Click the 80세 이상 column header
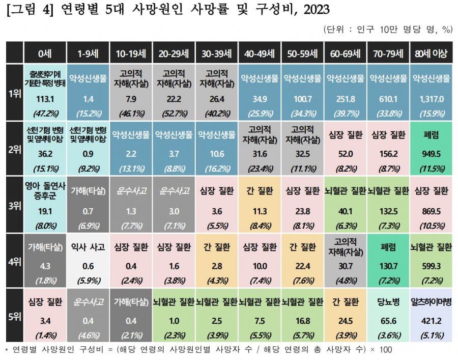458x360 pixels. [x=431, y=53]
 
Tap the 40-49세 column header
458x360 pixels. [x=260, y=53]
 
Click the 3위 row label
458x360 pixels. [x=14, y=205]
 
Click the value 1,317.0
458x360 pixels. [x=431, y=98]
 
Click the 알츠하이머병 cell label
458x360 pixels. [x=431, y=301]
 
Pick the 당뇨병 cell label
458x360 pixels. [x=388, y=301]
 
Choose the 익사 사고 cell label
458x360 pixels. [x=88, y=247]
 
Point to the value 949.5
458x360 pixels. [x=431, y=153]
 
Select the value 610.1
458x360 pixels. [x=388, y=98]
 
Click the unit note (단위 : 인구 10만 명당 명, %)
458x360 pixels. [x=388, y=29]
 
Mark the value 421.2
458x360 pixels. [x=431, y=321]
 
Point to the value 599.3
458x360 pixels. [x=431, y=266]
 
